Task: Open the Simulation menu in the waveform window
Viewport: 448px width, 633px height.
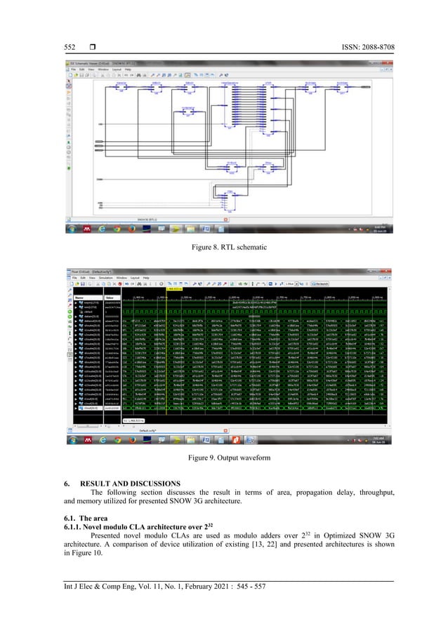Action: click(x=107, y=278)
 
